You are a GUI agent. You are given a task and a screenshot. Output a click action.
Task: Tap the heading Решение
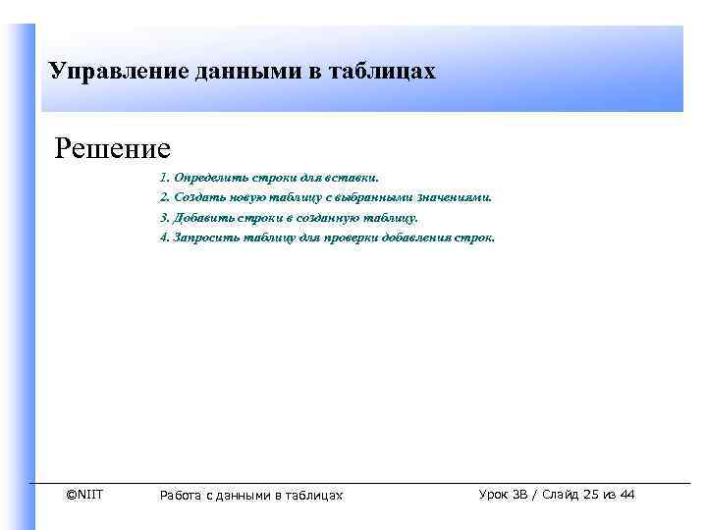click(113, 148)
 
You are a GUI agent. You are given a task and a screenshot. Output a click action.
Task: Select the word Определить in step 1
click(209, 178)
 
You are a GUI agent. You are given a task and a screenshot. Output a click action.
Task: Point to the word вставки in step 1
click(353, 178)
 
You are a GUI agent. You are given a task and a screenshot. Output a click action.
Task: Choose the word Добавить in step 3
click(204, 218)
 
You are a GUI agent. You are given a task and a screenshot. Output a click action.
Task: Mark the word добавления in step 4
click(417, 238)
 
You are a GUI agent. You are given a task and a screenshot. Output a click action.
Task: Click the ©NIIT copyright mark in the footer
click(83, 494)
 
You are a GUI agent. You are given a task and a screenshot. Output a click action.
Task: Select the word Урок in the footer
click(494, 495)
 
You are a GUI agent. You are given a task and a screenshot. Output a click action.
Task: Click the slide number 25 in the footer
click(589, 495)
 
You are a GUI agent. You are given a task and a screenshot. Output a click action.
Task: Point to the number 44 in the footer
click(626, 495)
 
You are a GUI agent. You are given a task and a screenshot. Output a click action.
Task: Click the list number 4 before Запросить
click(163, 238)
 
